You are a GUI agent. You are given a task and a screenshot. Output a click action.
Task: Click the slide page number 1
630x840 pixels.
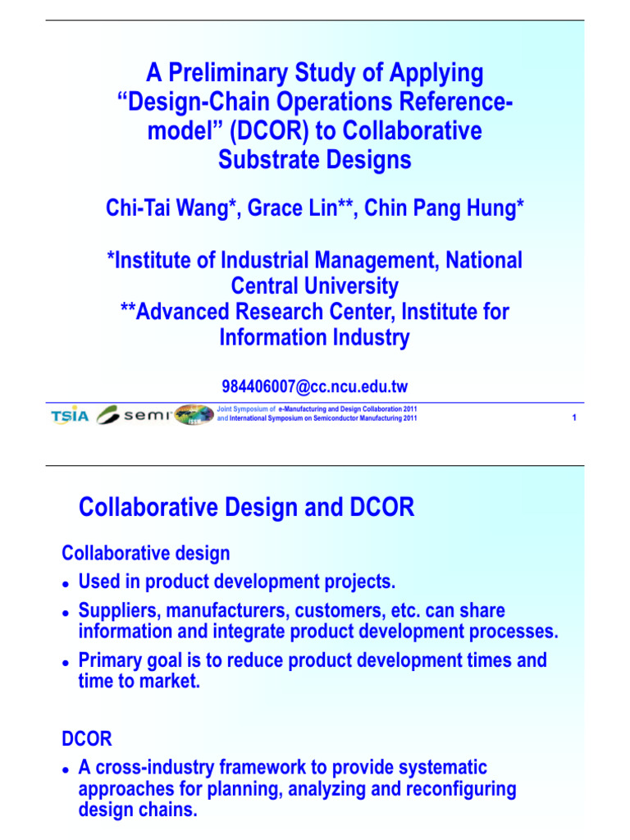point(573,418)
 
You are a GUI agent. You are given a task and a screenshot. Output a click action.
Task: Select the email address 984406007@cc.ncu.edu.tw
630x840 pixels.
point(314,386)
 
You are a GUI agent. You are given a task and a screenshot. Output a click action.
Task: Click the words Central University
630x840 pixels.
point(315,286)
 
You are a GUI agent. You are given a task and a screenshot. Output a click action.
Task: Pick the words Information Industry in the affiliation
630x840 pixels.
point(315,338)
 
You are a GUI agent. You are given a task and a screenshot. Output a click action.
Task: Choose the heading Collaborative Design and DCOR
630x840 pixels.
point(246,509)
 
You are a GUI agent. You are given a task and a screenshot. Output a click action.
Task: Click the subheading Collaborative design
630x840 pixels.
point(146,554)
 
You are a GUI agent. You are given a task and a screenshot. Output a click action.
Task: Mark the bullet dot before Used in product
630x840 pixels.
point(66,584)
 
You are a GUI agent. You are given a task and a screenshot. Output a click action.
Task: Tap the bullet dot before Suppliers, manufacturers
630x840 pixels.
point(66,613)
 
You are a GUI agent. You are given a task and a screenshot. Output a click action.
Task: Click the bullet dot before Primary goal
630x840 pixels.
point(66,662)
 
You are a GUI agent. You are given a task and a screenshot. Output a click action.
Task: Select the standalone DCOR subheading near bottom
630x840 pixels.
point(87,738)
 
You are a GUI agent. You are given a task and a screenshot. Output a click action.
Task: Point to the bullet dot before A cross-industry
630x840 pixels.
point(66,769)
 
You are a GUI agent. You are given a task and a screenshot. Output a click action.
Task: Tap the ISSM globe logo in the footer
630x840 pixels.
point(194,416)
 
